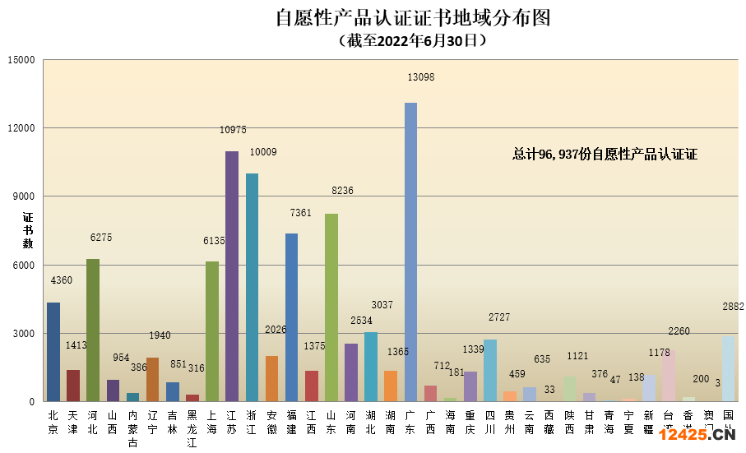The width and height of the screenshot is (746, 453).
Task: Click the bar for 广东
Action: pos(410,252)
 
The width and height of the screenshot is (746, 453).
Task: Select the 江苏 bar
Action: pos(232,276)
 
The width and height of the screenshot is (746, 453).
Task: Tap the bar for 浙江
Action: pos(252,287)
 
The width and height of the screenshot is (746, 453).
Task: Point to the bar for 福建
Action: pos(291,317)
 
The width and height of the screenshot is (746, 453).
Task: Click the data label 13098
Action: pos(420,77)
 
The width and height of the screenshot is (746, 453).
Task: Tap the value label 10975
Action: pos(233,130)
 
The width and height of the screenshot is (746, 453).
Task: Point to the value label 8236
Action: pos(342,191)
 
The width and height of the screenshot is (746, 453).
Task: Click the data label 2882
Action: pos(733,307)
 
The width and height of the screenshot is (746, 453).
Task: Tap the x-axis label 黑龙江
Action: pos(192,429)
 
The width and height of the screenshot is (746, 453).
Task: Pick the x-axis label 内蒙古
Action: pos(133,429)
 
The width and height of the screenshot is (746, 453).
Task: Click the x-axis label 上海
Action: pos(212,423)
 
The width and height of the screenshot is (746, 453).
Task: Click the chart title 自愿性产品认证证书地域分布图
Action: pos(412,18)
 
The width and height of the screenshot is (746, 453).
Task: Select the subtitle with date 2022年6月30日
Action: pos(412,40)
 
